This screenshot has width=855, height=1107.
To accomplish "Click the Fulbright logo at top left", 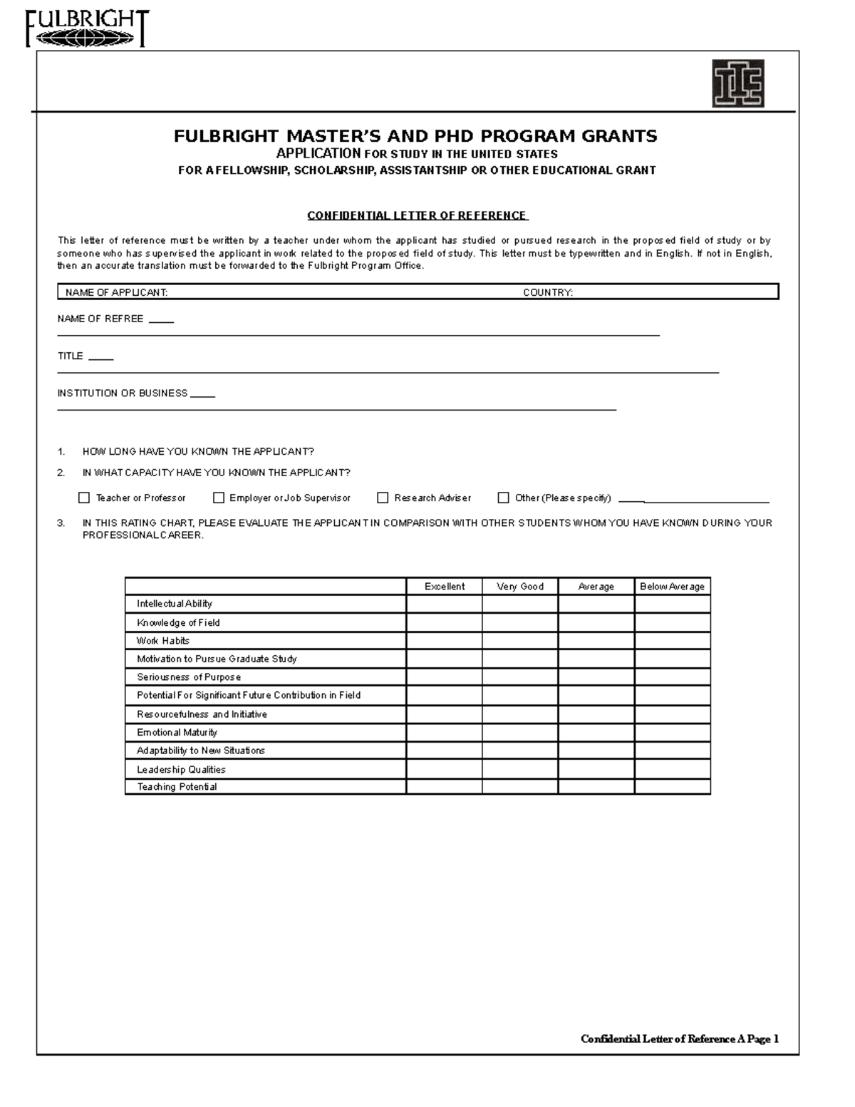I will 87,29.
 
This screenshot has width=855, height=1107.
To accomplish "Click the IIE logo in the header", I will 738,83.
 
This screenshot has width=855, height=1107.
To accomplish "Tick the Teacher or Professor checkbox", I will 84,498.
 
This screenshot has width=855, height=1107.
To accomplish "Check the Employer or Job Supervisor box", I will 219,498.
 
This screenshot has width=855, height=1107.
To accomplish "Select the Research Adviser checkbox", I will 383,498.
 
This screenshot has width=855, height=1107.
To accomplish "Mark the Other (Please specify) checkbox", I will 503,498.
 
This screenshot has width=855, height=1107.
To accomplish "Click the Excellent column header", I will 444,586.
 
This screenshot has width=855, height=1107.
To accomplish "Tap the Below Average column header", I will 672,586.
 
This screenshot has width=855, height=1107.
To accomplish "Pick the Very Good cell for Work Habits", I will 520,640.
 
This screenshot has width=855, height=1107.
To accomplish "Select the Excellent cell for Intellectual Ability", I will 444,604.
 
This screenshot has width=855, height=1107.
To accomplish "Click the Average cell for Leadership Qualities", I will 596,769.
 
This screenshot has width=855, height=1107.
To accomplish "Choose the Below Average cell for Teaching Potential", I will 672,787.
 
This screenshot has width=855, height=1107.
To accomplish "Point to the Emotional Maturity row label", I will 177,732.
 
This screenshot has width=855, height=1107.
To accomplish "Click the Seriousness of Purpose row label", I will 189,677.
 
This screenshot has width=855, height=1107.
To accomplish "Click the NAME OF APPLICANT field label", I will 117,292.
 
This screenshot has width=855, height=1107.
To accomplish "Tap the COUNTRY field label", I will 548,292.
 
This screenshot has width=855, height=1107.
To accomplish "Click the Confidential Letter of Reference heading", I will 417,215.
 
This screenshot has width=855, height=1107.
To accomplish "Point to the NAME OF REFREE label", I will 100,319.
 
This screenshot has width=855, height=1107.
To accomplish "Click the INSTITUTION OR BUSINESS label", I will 123,393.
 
